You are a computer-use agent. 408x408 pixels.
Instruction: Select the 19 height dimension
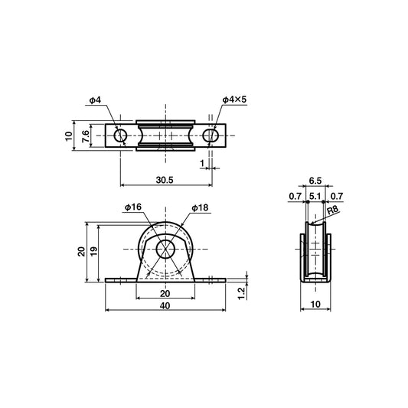click(92, 251)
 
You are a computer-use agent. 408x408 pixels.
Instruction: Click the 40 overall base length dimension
click(165, 305)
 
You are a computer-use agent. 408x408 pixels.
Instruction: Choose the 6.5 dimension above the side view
click(314, 183)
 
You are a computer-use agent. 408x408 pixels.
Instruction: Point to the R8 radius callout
click(332, 210)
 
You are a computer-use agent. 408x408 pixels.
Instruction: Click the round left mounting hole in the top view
click(121, 136)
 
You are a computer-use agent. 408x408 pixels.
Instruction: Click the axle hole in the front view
click(165, 250)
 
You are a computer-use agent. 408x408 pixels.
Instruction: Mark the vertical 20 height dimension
click(80, 252)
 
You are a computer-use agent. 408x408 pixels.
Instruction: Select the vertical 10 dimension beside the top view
click(68, 136)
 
